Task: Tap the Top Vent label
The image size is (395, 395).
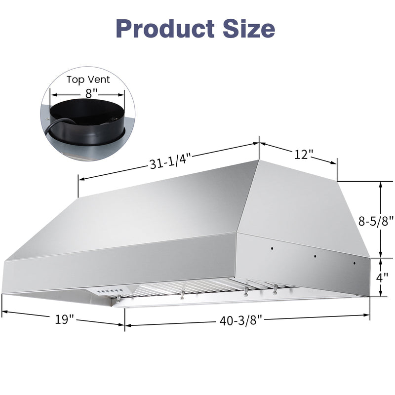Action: (x=88, y=79)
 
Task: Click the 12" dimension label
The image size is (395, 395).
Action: (x=304, y=155)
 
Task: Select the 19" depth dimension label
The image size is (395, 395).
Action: (x=64, y=319)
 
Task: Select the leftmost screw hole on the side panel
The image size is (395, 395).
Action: (x=271, y=248)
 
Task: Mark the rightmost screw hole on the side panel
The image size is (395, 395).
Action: (x=354, y=264)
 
